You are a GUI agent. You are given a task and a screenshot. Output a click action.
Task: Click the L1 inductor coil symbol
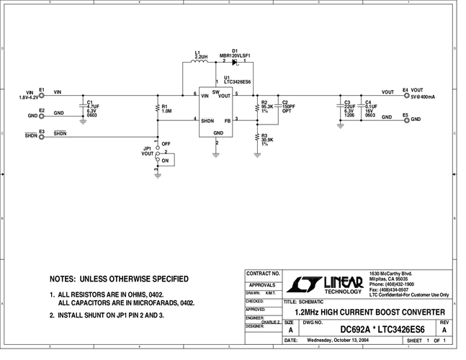pyautogui.click(x=198, y=63)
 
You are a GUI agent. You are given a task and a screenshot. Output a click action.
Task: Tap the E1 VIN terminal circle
pyautogui.click(x=42, y=94)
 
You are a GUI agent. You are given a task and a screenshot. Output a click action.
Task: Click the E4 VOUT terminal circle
pyautogui.click(x=406, y=94)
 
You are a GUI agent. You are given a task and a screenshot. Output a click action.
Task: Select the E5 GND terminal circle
pyautogui.click(x=406, y=119)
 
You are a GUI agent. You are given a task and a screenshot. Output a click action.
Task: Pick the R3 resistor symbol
pyautogui.click(x=257, y=137)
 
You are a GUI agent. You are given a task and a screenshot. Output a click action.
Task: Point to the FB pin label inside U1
pyautogui.click(x=228, y=120)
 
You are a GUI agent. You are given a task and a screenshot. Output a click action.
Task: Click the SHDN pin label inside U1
pyautogui.click(x=207, y=120)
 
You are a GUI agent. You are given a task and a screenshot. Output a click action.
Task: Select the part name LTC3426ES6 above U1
pyautogui.click(x=238, y=82)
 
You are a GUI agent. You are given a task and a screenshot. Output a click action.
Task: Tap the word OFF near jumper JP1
pyautogui.click(x=166, y=144)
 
